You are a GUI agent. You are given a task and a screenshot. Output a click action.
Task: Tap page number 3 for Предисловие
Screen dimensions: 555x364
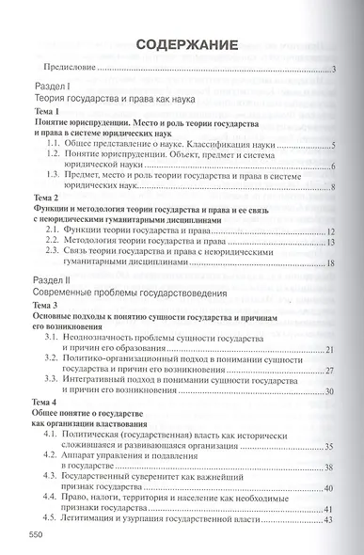[x=335, y=71]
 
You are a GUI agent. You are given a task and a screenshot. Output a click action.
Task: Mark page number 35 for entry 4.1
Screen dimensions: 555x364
[x=330, y=449]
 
